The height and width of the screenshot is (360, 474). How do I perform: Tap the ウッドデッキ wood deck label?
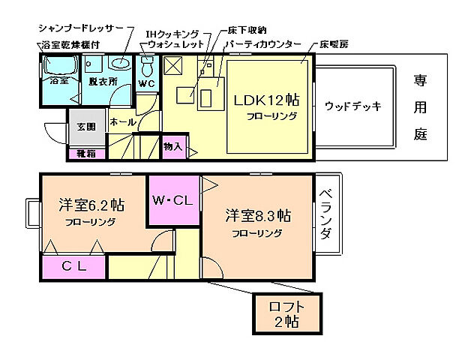click(352, 106)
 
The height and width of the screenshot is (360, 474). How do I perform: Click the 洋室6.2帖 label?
click(91, 205)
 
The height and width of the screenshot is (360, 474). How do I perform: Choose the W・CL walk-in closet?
click(172, 201)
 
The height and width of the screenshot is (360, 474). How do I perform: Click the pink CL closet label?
click(73, 265)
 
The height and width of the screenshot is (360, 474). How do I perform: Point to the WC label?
click(146, 84)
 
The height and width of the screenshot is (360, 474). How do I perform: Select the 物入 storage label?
click(172, 146)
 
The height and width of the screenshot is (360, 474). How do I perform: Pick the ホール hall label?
click(122, 121)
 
